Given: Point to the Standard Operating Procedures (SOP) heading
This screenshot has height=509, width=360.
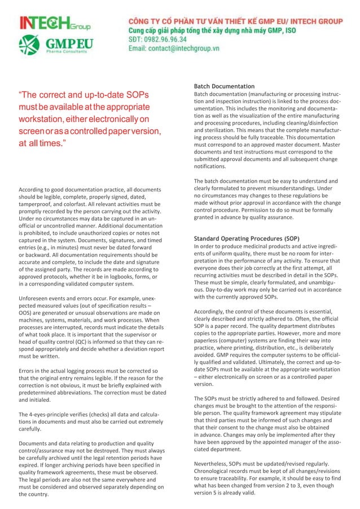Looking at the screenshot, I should [247, 238].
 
